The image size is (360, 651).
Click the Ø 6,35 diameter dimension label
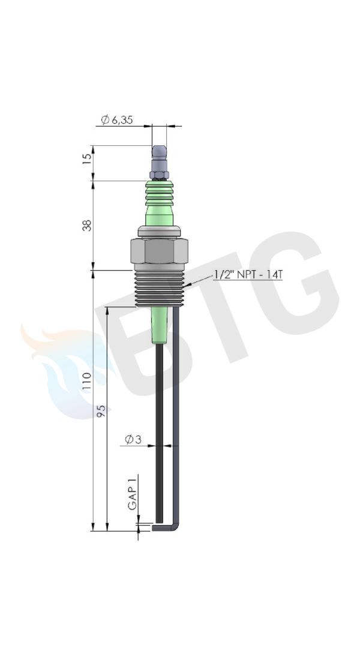pyautogui.click(x=117, y=120)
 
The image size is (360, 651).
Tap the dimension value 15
pyautogui.click(x=87, y=158)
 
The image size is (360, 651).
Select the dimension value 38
pyautogui.click(x=87, y=225)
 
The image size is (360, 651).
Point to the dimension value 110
pyautogui.click(x=87, y=381)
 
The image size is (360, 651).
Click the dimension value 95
pyautogui.click(x=101, y=410)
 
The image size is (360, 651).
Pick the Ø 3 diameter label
pyautogui.click(x=133, y=439)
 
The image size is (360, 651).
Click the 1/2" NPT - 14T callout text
pyautogui.click(x=248, y=274)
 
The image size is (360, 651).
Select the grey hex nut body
pyautogui.click(x=159, y=251)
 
